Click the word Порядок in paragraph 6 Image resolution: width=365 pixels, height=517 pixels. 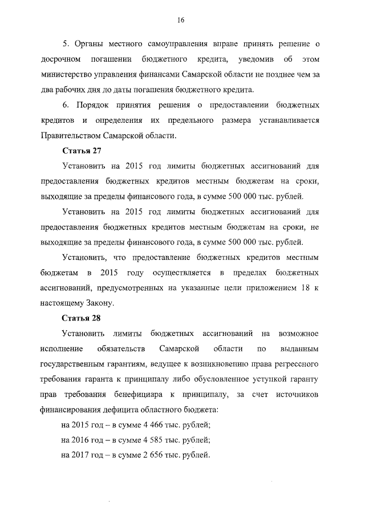91,105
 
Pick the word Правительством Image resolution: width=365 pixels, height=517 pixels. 71,135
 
